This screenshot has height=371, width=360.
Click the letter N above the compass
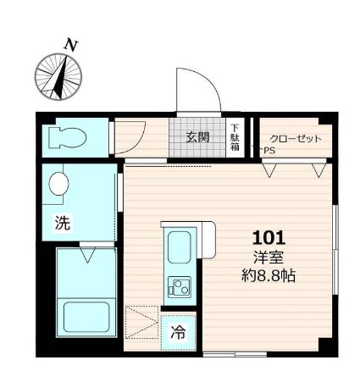point(72,44)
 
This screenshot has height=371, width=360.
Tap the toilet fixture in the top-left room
point(69,137)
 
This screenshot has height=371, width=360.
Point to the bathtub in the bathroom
point(86,318)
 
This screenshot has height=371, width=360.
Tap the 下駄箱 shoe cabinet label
point(235,136)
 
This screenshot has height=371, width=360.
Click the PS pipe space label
point(269,151)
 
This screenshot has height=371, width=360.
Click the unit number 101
point(269,238)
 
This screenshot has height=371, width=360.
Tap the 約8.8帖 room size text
point(269,275)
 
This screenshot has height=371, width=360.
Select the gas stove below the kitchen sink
point(180,287)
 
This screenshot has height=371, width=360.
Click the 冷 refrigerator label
point(178,333)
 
